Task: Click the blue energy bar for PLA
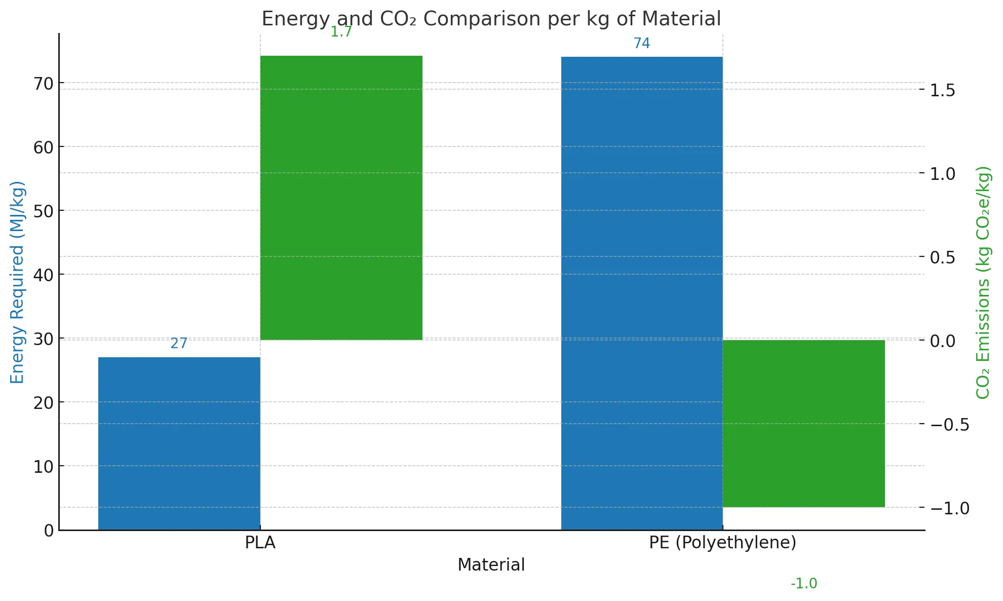179,443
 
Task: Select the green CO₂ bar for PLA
341,198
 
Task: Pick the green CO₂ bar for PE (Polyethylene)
803,423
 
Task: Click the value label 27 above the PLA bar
179,344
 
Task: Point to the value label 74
641,44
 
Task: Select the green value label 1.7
341,32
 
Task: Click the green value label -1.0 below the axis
803,584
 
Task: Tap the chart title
491,19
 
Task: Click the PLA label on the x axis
260,543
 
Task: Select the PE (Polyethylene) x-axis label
722,543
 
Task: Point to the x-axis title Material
491,565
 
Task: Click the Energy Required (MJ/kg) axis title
17,282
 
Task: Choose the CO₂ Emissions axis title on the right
983,282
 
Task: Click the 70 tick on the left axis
44,84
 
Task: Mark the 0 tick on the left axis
49,531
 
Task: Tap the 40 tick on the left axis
44,275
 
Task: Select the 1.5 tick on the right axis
942,90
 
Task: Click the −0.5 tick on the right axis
949,425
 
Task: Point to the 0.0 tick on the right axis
942,341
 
